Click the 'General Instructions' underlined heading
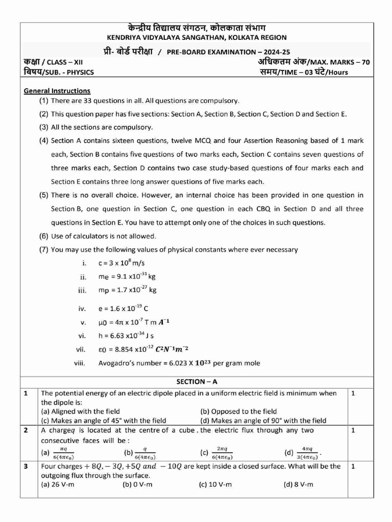[x=57, y=91]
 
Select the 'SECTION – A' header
[x=197, y=381]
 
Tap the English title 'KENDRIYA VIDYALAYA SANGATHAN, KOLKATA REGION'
[x=197, y=37]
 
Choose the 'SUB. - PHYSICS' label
[x=69, y=72]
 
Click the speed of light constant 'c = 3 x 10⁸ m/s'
[x=121, y=264]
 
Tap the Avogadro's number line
[x=179, y=363]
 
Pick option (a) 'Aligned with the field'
[x=80, y=411]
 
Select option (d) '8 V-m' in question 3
[x=299, y=484]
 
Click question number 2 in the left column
[x=25, y=430]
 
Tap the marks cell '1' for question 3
[x=353, y=466]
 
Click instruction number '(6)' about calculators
[x=44, y=236]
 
